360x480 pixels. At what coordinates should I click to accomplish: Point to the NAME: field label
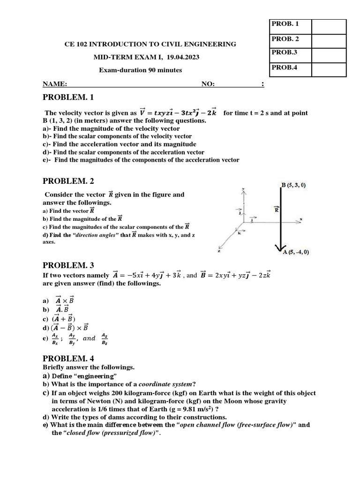pyautogui.click(x=55, y=84)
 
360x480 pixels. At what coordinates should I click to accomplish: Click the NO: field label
pyautogui.click(x=208, y=84)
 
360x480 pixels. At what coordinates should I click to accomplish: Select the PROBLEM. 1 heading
pyautogui.click(x=68, y=97)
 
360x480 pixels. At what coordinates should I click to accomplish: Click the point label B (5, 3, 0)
pyautogui.click(x=293, y=185)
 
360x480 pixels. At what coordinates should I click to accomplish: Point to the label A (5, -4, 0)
pyautogui.click(x=296, y=252)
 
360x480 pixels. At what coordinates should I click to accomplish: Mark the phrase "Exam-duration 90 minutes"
pyautogui.click(x=141, y=70)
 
